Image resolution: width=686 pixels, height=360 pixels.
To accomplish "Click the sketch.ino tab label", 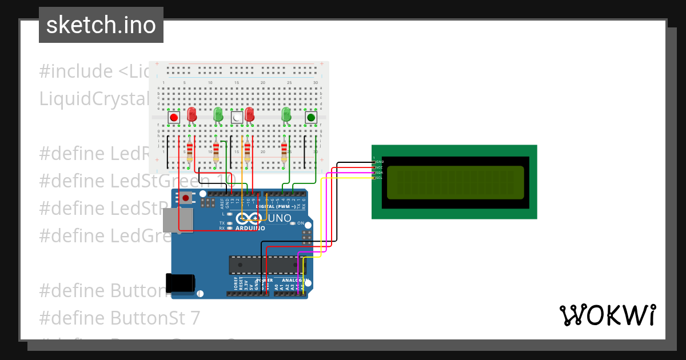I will (101, 25).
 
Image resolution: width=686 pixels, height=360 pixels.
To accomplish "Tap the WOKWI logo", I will (607, 315).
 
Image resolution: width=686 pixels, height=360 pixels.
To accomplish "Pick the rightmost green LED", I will (286, 114).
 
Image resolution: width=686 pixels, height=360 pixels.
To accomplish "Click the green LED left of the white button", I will (218, 114).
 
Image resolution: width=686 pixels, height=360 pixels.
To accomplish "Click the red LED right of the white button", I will (249, 114).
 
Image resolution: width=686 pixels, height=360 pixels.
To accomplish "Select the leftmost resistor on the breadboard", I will (190, 152).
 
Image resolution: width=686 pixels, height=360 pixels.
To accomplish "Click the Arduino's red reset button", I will (186, 198).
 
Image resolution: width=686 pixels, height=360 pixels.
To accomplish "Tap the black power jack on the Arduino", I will (180, 283).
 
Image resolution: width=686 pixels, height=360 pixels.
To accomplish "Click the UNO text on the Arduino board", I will (280, 218).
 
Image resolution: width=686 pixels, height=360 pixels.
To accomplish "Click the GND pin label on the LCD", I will (378, 162).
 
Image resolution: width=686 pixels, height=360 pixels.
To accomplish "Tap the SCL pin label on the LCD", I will (378, 178).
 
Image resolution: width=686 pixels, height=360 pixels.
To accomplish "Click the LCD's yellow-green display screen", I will (455, 182).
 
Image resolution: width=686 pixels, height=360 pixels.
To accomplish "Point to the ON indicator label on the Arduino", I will (300, 223).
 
